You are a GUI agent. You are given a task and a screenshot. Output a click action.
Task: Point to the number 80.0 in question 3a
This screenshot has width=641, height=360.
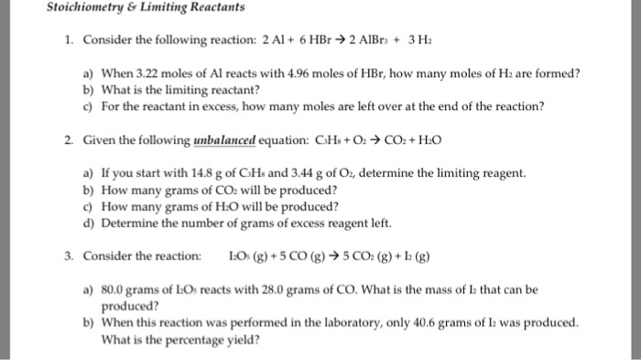(x=113, y=289)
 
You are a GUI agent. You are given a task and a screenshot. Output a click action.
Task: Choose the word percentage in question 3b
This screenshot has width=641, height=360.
(x=190, y=339)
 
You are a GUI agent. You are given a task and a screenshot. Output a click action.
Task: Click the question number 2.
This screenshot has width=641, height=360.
(x=69, y=142)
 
